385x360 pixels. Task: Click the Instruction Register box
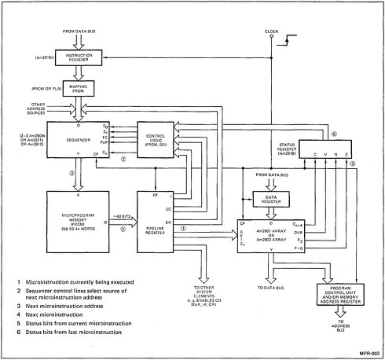tap(78, 57)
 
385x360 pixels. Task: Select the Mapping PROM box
tap(78, 89)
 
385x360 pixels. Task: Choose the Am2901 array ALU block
tap(270, 238)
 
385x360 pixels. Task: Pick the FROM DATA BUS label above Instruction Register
tap(78, 31)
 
